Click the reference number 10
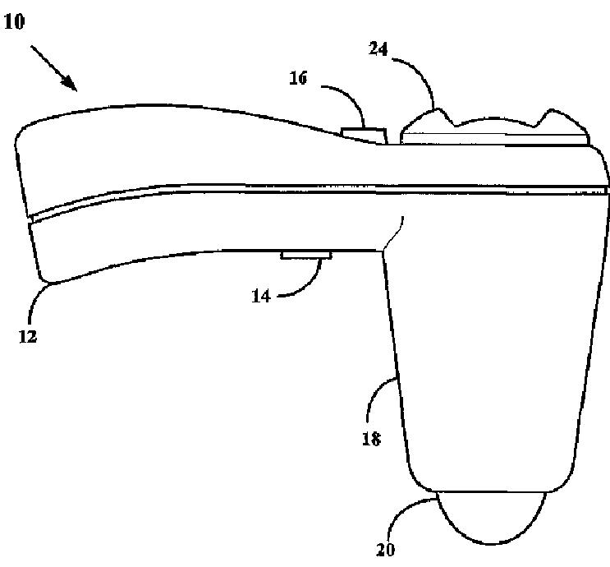coord(15,21)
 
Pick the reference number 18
coord(371,438)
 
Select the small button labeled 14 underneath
coord(306,256)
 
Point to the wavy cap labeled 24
coord(493,131)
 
